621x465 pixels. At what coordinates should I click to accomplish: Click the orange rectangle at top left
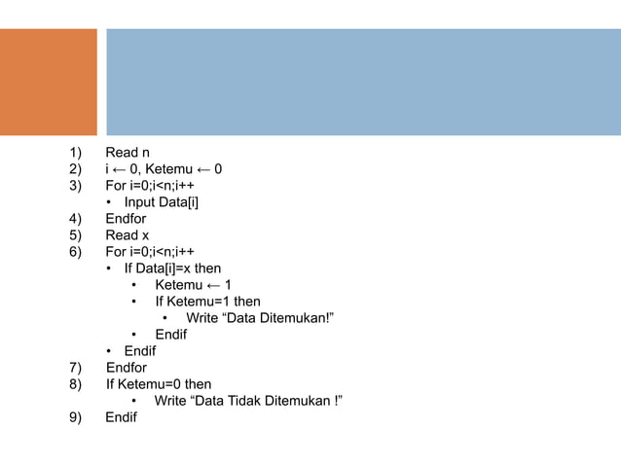(49, 82)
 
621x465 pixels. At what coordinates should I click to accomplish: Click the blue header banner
(362, 82)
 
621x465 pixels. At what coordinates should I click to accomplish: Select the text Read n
(128, 153)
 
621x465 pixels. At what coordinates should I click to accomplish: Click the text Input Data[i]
(167, 202)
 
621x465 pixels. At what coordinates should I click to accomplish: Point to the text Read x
(128, 235)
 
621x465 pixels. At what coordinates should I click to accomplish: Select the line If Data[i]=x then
(172, 268)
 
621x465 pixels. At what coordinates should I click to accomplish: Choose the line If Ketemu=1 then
(207, 302)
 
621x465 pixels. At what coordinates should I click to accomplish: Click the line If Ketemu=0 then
(159, 384)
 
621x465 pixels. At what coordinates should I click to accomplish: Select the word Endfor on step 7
(127, 368)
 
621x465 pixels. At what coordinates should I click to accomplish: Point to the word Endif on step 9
(122, 417)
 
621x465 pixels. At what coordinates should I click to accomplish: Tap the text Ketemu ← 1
(193, 285)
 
